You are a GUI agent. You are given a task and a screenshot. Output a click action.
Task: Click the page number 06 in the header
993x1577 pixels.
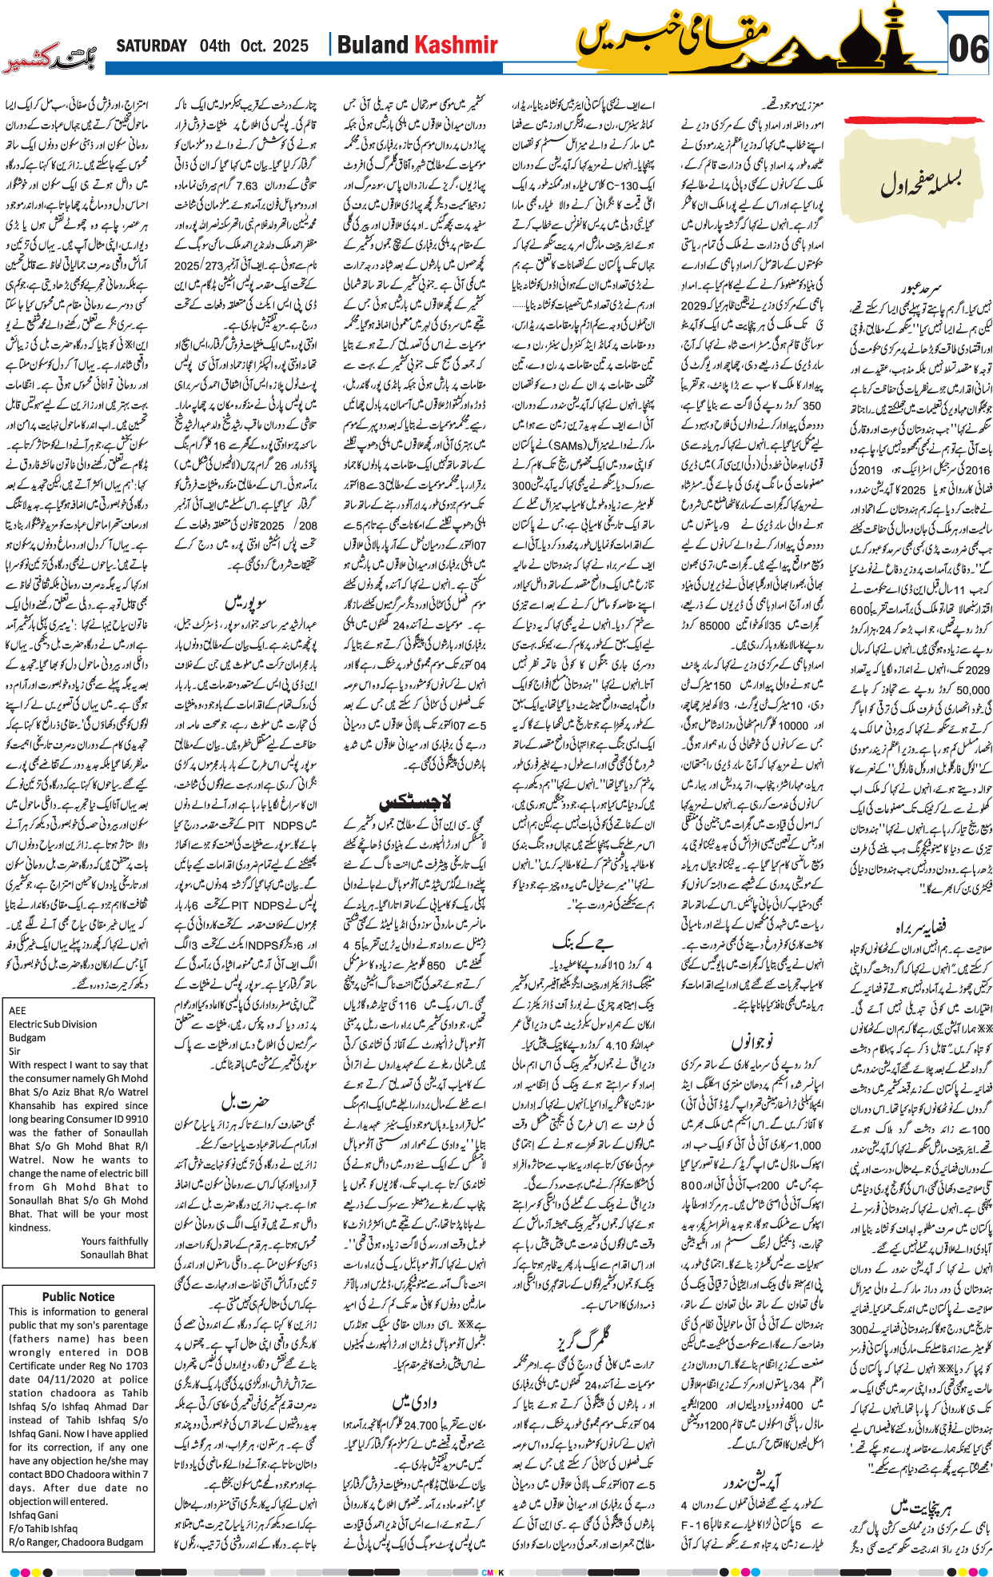point(968,50)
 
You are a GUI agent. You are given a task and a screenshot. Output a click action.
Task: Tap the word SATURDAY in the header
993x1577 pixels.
point(151,46)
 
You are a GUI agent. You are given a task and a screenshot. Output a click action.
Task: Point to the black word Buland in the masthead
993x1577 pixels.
point(373,45)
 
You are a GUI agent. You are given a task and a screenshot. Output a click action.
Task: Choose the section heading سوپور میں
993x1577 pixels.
point(245,601)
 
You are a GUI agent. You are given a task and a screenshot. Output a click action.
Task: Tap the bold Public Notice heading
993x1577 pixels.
point(78,1296)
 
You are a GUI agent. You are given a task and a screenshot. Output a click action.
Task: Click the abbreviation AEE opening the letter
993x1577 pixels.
point(18,1010)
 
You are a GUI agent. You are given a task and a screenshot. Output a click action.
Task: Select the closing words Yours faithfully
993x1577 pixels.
point(114,1241)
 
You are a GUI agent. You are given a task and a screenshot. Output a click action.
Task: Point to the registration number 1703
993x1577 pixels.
point(137,1365)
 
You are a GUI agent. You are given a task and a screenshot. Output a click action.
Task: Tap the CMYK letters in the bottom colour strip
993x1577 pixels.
point(493,1571)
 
